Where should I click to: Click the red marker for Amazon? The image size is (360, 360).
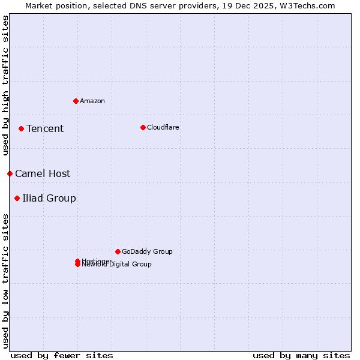click(76, 101)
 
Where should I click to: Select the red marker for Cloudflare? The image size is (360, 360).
click(143, 127)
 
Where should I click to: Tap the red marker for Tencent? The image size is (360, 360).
click(21, 128)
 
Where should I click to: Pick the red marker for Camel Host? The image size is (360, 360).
click(10, 173)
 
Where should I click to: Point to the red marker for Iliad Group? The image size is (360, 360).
click(17, 198)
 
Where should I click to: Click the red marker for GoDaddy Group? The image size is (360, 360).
click(118, 251)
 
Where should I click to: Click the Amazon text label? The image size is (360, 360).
click(92, 101)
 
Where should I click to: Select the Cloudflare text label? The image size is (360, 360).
click(163, 127)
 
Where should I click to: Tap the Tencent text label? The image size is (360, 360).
click(45, 128)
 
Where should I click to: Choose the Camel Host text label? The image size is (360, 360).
click(43, 173)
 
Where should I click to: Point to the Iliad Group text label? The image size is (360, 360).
click(49, 198)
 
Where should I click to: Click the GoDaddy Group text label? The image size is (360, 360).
click(147, 251)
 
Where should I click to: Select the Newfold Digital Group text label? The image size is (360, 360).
click(117, 265)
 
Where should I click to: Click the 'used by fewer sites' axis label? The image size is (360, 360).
click(62, 355)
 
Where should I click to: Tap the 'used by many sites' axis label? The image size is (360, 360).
click(301, 355)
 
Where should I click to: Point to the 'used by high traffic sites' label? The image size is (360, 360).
click(5, 85)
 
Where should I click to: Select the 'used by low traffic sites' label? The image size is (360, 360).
click(5, 281)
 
